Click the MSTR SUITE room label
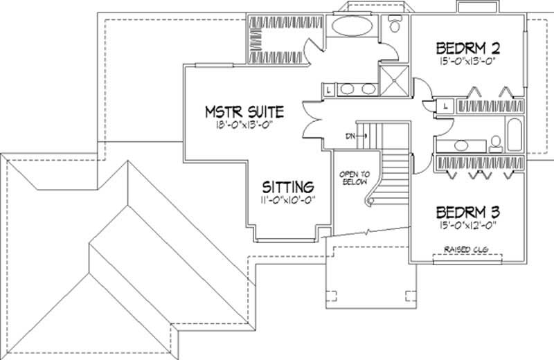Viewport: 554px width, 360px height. [x=245, y=111]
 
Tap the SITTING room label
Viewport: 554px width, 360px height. [x=289, y=187]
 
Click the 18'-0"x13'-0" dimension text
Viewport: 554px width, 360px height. [x=245, y=126]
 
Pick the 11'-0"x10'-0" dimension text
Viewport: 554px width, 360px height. [x=289, y=201]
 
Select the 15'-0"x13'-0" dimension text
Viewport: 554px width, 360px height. [x=468, y=61]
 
